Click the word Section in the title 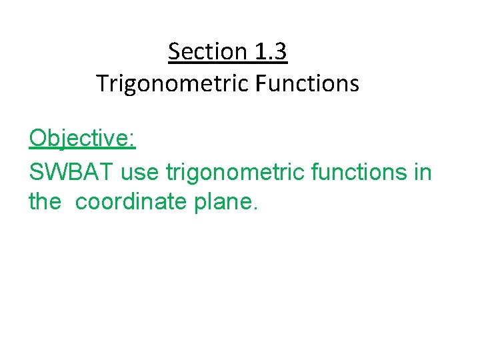tap(207, 51)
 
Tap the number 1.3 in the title tap(270, 51)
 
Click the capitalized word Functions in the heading tap(312, 84)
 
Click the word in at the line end tap(423, 172)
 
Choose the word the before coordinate tap(45, 201)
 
